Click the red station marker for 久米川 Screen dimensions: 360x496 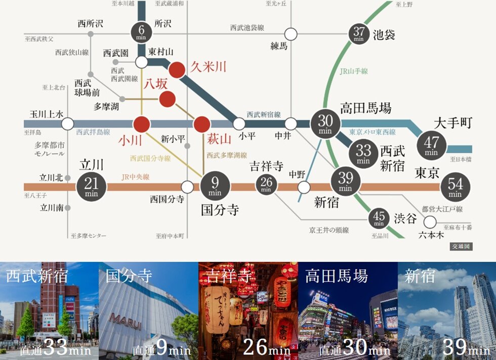point(177,70)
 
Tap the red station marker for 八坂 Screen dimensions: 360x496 point(167,99)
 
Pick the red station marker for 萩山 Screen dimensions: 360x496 point(201,124)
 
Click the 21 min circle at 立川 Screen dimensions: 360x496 point(92,187)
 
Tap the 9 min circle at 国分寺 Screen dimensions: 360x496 point(215,187)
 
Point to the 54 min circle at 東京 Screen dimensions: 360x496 point(455,188)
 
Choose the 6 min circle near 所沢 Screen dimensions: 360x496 point(141,32)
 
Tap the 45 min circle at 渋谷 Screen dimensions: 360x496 point(379,218)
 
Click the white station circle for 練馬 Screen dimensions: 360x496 point(291,34)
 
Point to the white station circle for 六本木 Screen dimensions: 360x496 point(430,222)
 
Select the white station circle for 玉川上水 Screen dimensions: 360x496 point(67,124)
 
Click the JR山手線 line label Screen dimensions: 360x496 point(354,71)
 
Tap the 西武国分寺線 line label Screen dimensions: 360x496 point(150,158)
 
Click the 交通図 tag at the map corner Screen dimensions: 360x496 point(461,247)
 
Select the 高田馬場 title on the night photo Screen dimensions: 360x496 point(336,276)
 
